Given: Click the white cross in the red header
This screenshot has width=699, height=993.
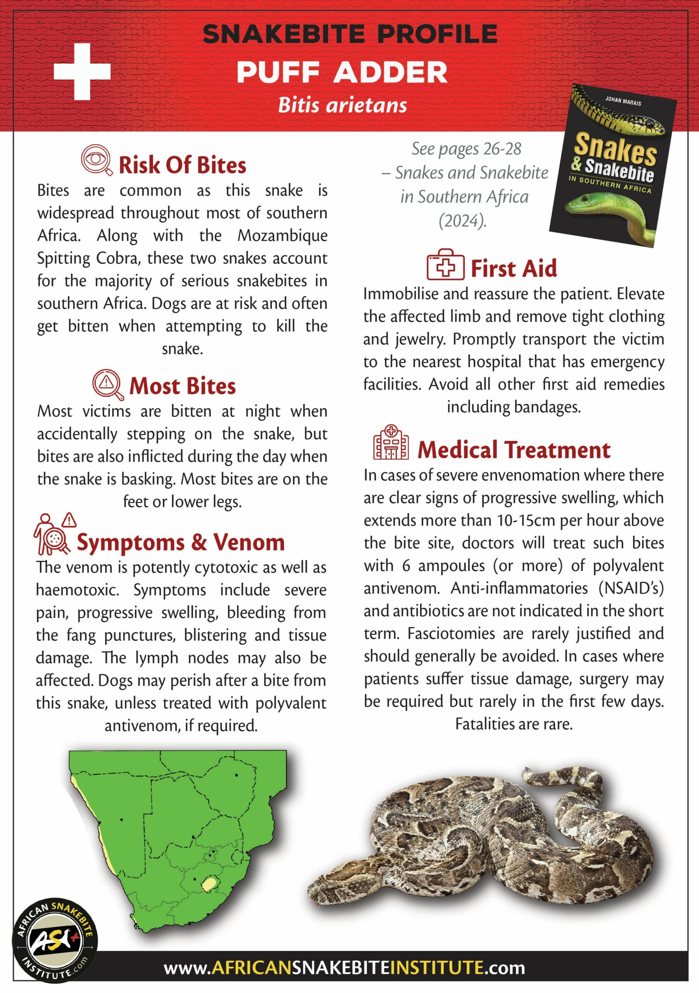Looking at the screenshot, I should click(x=82, y=71).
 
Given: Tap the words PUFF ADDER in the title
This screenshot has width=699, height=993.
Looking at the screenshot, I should click(x=342, y=72).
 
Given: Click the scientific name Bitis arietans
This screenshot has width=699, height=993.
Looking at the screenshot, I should click(x=342, y=105).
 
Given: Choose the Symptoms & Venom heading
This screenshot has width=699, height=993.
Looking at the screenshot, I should click(x=181, y=542).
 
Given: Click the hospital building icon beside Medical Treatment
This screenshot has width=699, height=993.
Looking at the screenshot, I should click(x=391, y=443).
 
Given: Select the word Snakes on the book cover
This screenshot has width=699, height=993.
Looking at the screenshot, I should click(x=616, y=149).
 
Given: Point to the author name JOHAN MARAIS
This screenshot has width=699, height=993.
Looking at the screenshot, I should click(x=623, y=101).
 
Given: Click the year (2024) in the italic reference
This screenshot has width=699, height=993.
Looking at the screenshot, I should click(x=462, y=221).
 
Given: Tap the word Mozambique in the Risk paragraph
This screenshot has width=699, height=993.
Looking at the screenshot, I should click(x=282, y=236).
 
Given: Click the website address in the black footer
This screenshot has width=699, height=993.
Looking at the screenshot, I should click(x=344, y=967).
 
